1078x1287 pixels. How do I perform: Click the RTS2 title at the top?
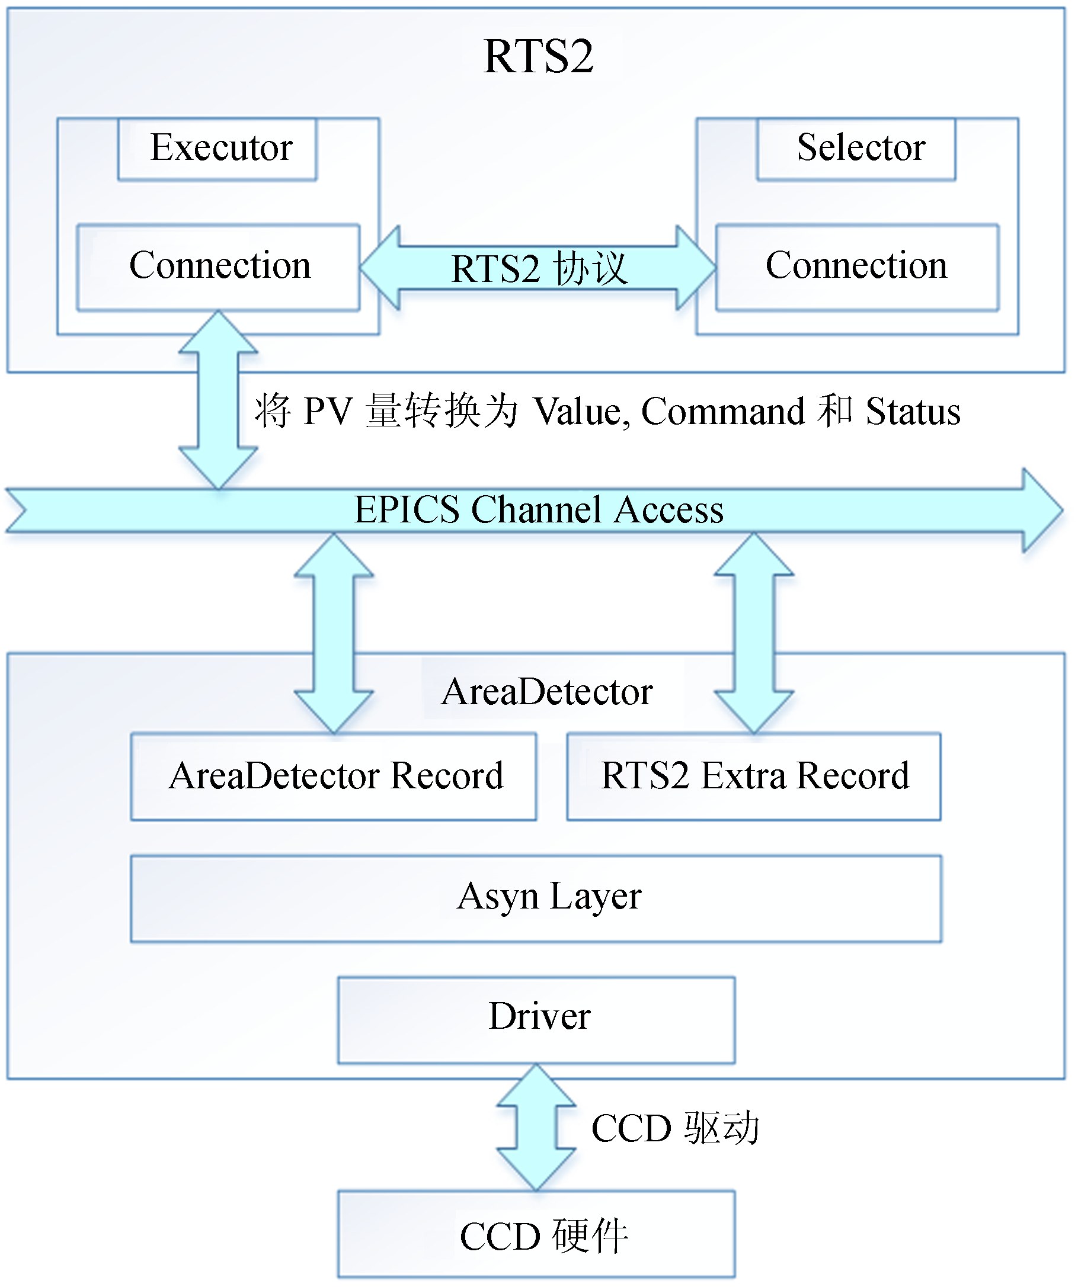click(x=538, y=56)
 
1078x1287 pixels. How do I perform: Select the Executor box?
click(x=217, y=149)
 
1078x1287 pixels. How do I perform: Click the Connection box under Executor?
click(x=218, y=267)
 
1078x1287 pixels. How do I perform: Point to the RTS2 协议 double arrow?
click(x=538, y=268)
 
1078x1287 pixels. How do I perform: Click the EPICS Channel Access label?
click(x=538, y=510)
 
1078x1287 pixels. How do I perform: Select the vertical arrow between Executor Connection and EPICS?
click(x=218, y=400)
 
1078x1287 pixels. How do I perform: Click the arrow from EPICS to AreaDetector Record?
click(x=334, y=633)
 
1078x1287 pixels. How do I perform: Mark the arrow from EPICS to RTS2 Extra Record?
click(x=754, y=633)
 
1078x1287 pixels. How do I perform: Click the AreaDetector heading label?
click(x=547, y=692)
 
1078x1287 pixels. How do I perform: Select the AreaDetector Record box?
click(x=334, y=776)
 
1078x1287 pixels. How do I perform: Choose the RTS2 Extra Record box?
click(x=754, y=776)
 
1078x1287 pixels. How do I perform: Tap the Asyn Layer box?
click(x=536, y=898)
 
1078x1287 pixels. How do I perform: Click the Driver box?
click(x=536, y=1019)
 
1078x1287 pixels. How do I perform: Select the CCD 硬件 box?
click(x=536, y=1235)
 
